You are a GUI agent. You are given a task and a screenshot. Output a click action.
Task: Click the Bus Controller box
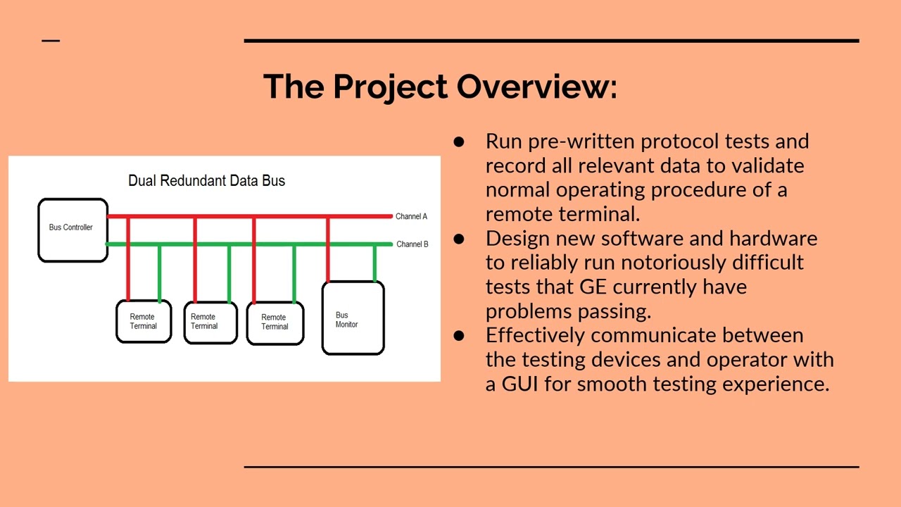pyautogui.click(x=73, y=230)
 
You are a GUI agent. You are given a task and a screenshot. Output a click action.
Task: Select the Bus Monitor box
pyautogui.click(x=353, y=318)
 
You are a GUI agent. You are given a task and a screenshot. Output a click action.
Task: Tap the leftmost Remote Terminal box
pyautogui.click(x=144, y=322)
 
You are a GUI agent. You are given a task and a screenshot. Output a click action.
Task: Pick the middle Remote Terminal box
pyautogui.click(x=210, y=323)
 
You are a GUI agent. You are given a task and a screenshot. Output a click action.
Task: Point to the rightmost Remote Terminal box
pyautogui.click(x=275, y=323)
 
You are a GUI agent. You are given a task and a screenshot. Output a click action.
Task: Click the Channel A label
pyautogui.click(x=411, y=216)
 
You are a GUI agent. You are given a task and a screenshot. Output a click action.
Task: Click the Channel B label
pyautogui.click(x=412, y=244)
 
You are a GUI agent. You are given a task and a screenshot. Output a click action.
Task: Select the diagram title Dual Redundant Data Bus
pyautogui.click(x=206, y=181)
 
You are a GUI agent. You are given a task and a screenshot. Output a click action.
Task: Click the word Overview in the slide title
pyautogui.click(x=536, y=86)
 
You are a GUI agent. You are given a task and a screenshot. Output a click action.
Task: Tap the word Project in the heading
pyautogui.click(x=390, y=86)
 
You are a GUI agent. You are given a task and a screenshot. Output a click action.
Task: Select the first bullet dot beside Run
pyautogui.click(x=460, y=142)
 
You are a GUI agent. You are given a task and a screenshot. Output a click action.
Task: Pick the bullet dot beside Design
pyautogui.click(x=460, y=239)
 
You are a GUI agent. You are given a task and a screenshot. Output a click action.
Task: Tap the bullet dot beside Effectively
pyautogui.click(x=460, y=336)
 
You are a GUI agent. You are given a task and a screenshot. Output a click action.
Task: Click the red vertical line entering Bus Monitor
pyautogui.click(x=328, y=250)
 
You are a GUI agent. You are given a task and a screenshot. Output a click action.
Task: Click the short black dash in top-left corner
pyautogui.click(x=51, y=41)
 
